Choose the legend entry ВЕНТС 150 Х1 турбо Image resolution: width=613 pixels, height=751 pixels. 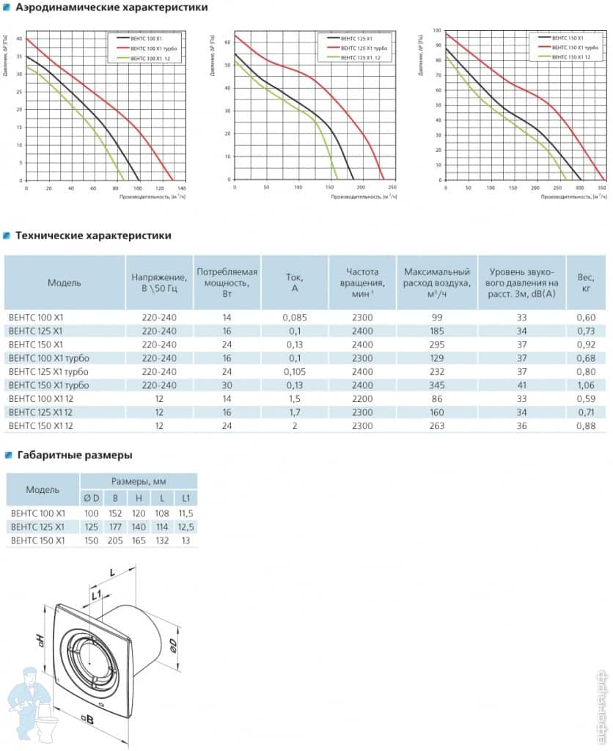pos(565,47)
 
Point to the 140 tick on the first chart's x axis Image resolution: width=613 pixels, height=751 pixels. pos(183,188)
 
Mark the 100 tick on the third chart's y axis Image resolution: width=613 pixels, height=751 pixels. pos(437,31)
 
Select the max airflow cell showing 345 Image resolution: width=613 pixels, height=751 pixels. pos(437,385)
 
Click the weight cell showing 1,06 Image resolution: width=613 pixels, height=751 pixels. pos(586,385)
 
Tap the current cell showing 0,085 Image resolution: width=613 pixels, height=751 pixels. pos(295,318)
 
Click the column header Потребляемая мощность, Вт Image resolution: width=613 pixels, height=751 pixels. pos(227,282)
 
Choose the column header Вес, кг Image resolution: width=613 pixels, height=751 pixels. pos(586,282)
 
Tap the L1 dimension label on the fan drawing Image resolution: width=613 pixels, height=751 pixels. pos(96,595)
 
